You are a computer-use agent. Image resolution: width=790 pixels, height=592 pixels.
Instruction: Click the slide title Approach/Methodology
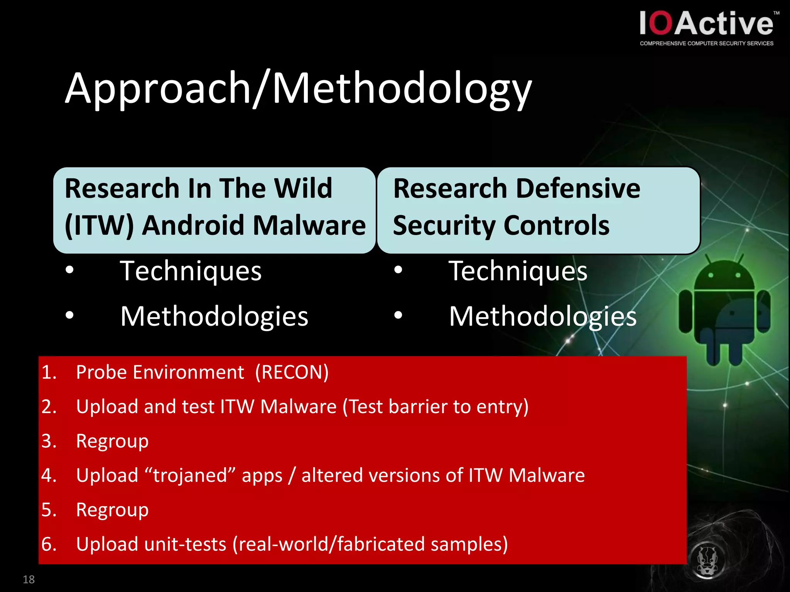click(298, 89)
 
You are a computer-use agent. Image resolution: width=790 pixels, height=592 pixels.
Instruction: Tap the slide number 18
click(29, 579)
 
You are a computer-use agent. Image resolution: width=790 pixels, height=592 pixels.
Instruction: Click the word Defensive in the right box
click(578, 188)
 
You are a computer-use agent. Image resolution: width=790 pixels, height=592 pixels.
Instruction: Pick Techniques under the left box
click(191, 271)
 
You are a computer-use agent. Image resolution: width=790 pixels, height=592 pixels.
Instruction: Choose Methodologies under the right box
click(542, 316)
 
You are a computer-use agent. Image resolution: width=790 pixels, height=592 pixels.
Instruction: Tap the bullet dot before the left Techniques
click(69, 270)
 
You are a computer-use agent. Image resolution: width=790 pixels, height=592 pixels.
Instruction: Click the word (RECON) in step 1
click(292, 372)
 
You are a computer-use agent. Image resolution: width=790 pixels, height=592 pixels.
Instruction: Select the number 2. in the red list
click(49, 407)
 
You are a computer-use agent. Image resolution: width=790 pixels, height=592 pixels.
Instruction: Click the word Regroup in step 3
click(112, 441)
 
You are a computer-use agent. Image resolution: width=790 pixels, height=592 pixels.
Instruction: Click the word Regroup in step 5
click(112, 510)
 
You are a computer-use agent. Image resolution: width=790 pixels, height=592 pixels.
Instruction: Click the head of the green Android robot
click(724, 276)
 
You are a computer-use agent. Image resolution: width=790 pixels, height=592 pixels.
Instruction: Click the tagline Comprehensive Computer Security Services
click(706, 44)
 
